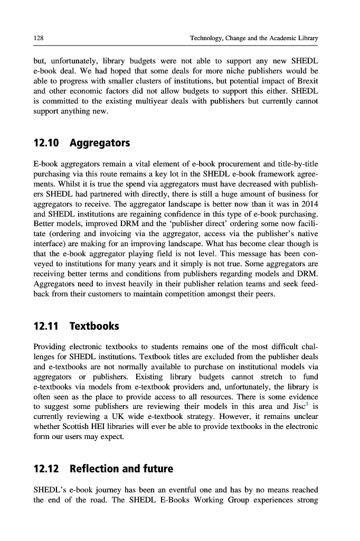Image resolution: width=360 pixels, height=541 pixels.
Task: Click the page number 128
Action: [x=38, y=39]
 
